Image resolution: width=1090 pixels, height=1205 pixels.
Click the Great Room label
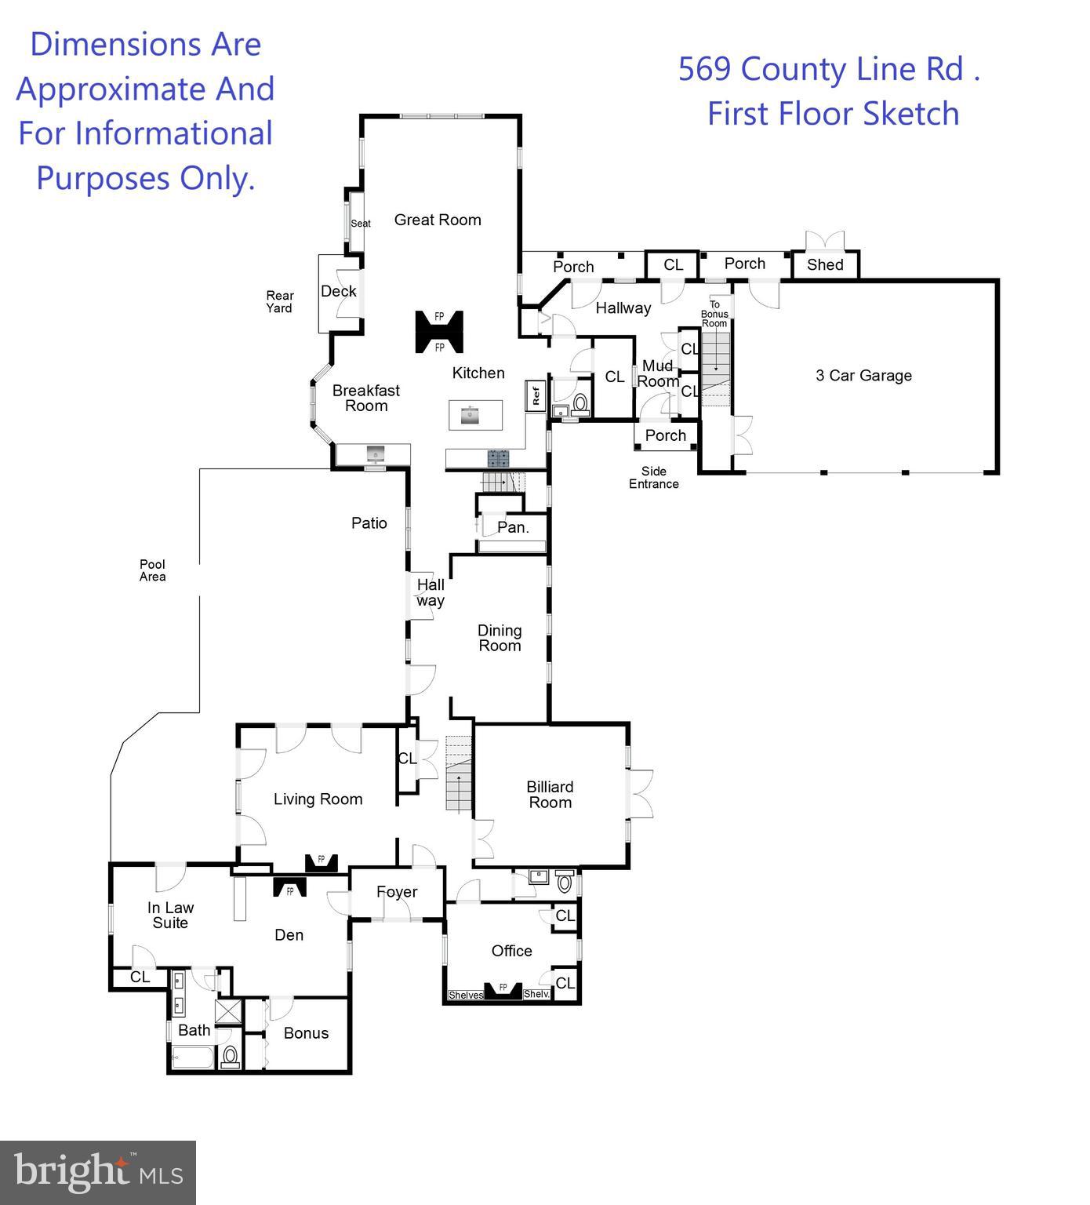tap(438, 220)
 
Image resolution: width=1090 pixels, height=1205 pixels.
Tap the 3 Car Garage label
tap(863, 376)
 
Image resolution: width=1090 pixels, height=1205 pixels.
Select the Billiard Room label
tap(550, 795)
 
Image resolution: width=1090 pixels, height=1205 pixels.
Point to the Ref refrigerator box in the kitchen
tap(536, 395)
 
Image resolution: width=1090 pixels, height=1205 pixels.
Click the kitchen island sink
tap(471, 414)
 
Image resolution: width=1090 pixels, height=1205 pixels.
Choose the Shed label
tap(825, 265)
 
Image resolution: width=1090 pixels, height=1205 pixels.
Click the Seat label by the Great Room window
tap(361, 224)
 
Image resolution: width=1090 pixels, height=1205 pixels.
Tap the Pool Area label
tap(152, 570)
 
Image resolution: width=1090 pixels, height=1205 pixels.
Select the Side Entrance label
tap(653, 478)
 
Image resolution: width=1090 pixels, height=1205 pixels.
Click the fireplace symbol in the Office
tap(503, 990)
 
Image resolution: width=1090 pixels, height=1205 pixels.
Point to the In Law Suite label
tap(170, 916)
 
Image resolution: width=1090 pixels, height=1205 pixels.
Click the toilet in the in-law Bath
tap(230, 1057)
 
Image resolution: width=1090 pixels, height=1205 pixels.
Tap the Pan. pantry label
tap(513, 528)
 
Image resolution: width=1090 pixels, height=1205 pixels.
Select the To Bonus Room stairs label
tap(714, 314)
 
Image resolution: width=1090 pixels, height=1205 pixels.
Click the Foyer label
tap(397, 893)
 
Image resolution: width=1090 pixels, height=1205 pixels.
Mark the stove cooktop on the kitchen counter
tap(498, 459)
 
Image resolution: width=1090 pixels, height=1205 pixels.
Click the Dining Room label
tap(500, 639)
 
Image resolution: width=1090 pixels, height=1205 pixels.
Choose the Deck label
tap(339, 292)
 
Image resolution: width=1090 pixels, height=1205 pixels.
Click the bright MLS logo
tap(98, 1173)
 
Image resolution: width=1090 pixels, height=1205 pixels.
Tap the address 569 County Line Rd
tap(830, 70)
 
